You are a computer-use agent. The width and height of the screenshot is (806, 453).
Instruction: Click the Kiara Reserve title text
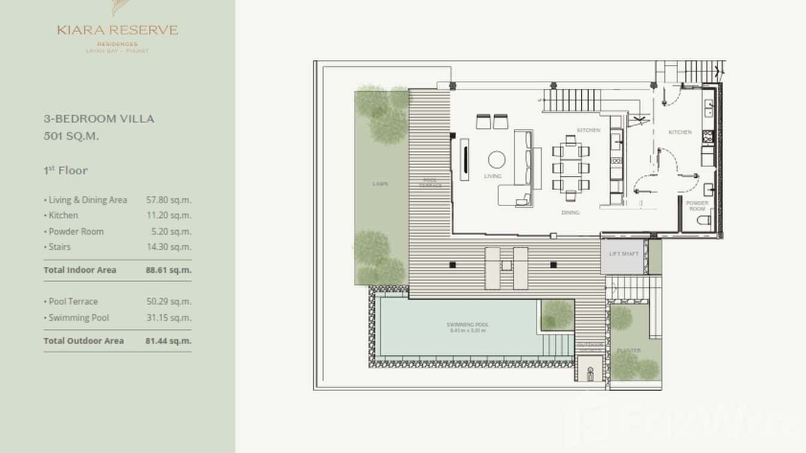click(x=118, y=30)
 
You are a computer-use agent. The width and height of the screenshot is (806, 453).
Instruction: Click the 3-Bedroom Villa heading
click(x=99, y=119)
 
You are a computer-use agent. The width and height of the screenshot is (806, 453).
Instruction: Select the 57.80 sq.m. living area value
click(x=169, y=200)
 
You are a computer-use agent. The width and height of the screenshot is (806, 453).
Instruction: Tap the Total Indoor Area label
click(x=80, y=270)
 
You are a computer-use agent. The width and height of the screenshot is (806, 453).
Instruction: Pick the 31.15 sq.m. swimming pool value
click(x=169, y=318)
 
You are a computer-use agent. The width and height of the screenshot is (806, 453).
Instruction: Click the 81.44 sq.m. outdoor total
click(x=169, y=341)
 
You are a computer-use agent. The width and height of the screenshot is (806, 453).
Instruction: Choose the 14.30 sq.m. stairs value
click(x=169, y=247)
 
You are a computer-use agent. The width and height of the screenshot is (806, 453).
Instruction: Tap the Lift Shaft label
click(x=624, y=254)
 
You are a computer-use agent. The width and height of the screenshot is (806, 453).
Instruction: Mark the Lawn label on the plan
click(x=380, y=184)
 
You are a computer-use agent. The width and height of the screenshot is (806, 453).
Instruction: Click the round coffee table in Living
click(x=497, y=159)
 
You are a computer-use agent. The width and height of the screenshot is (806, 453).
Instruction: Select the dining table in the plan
click(x=571, y=168)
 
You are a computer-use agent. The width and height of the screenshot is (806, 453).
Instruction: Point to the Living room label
click(x=492, y=177)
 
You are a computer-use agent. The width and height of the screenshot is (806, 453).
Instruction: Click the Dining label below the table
click(x=570, y=213)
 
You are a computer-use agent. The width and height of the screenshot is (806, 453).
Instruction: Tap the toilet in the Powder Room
click(x=704, y=220)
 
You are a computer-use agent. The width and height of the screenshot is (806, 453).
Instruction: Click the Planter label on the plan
click(x=628, y=350)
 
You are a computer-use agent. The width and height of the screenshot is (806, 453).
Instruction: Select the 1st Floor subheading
click(x=65, y=171)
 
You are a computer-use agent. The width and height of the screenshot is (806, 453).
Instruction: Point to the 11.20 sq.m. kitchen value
click(x=169, y=215)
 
